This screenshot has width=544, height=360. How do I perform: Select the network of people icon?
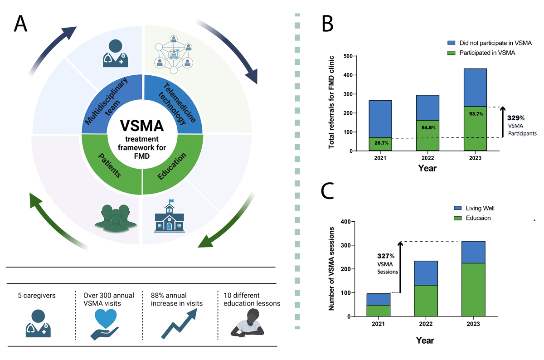coord(173,56)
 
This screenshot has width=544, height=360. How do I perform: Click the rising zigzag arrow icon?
coord(179,323)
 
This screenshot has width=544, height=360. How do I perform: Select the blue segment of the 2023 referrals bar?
coord(475,88)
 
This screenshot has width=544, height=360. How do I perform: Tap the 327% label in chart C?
coord(387,256)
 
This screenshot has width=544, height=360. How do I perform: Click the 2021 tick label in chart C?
coord(378,325)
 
